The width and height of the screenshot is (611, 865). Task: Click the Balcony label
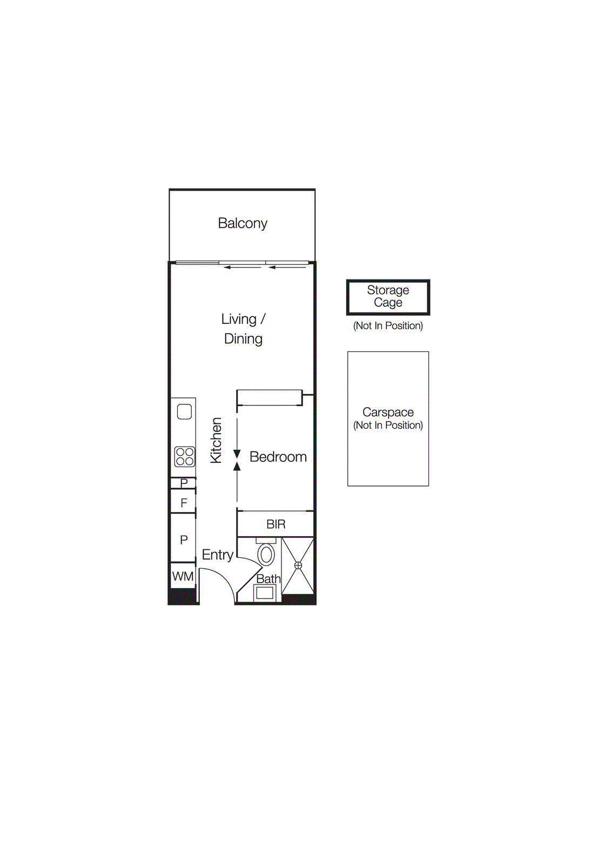tap(243, 223)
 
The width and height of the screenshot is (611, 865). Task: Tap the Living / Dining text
tap(243, 329)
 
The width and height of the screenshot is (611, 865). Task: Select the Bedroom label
tap(278, 457)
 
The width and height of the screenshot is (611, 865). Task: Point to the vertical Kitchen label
tap(216, 440)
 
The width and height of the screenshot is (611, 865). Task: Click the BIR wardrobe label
tap(276, 524)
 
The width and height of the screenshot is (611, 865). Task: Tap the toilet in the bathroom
tap(266, 554)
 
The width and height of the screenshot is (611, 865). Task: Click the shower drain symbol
tap(298, 565)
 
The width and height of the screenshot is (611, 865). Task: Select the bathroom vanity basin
tap(265, 593)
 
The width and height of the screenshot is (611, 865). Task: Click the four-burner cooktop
tap(184, 456)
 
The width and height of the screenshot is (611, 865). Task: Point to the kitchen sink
tap(184, 412)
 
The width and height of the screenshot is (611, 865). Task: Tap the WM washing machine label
tap(183, 576)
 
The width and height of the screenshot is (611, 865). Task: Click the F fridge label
tap(184, 503)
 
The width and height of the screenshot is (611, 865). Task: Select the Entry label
tap(217, 555)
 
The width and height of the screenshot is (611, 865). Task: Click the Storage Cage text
tap(388, 296)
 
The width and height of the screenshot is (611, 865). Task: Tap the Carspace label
tap(388, 412)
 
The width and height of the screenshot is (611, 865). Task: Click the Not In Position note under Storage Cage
tap(388, 325)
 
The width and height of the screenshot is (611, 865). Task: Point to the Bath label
tap(268, 578)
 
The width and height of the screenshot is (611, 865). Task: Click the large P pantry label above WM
tap(184, 540)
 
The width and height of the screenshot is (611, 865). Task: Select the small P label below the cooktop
tap(184, 482)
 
